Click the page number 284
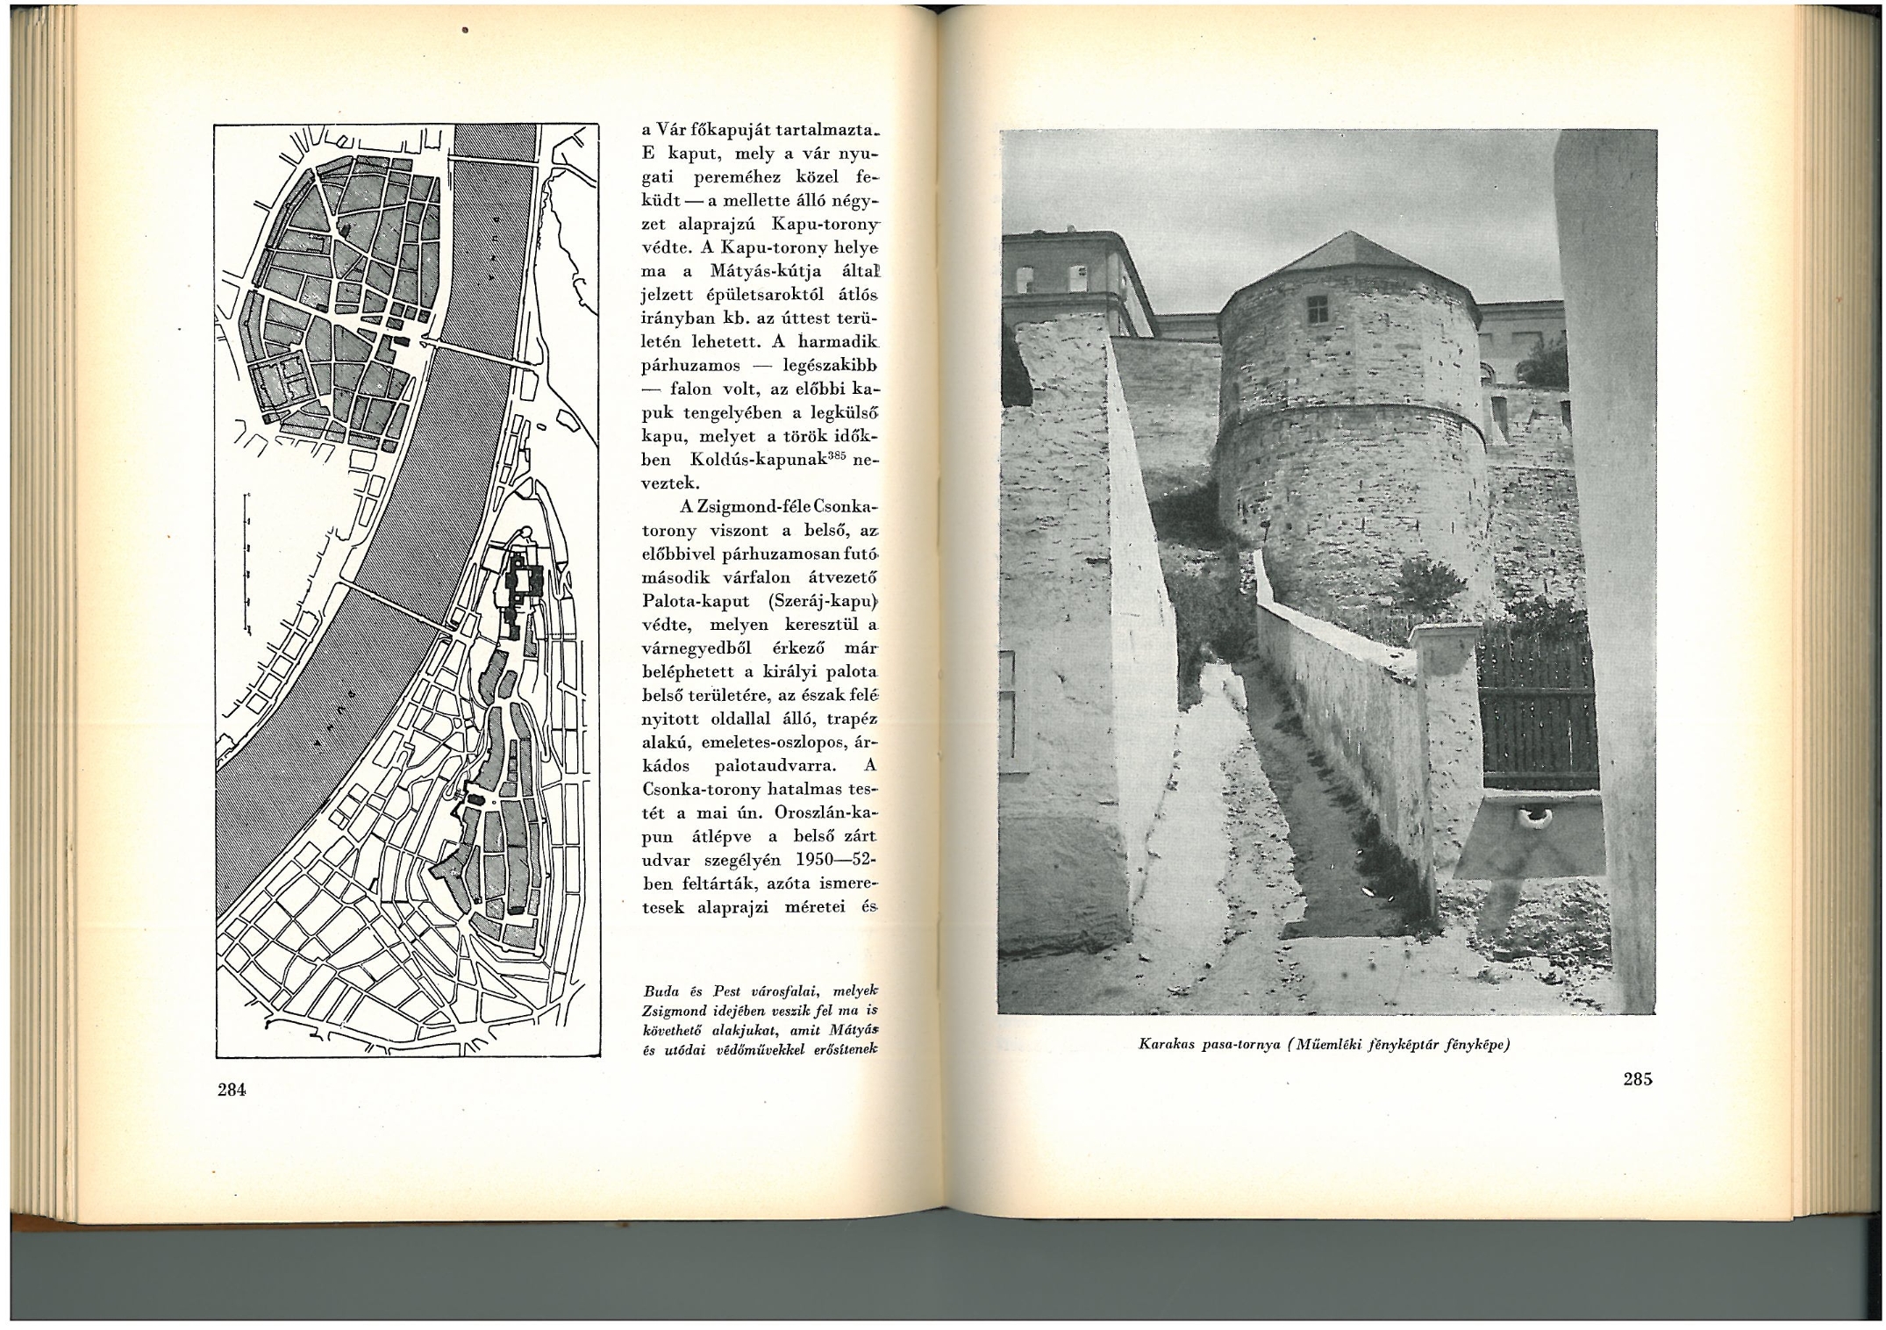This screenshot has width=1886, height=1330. click(x=232, y=1090)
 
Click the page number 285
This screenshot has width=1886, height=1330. click(x=1637, y=1080)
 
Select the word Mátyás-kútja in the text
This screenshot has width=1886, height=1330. click(x=766, y=272)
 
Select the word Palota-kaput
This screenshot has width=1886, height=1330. click(x=695, y=602)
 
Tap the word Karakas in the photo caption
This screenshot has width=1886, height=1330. click(x=1168, y=1045)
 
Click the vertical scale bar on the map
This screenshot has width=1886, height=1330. click(x=248, y=562)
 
